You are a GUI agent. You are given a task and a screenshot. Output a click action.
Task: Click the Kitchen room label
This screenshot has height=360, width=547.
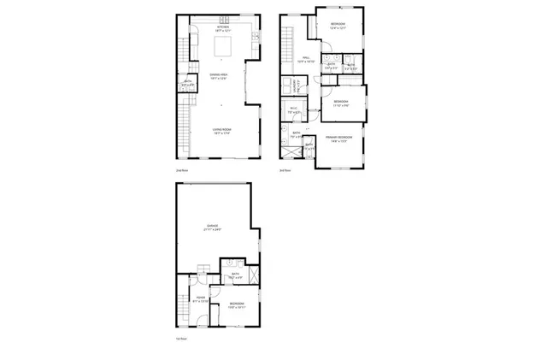pyautogui.click(x=222, y=28)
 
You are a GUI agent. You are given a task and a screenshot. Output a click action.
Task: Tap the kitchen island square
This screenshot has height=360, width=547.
pyautogui.click(x=222, y=50)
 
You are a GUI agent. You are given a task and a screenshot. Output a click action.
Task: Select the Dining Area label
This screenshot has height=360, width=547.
pyautogui.click(x=222, y=76)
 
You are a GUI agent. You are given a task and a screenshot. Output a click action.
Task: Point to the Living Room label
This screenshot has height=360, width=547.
pyautogui.click(x=222, y=130)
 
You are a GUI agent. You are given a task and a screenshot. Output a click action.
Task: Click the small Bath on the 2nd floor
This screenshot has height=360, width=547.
pyautogui.click(x=188, y=84)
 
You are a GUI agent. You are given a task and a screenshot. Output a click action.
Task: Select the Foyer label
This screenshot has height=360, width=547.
pyautogui.click(x=197, y=298)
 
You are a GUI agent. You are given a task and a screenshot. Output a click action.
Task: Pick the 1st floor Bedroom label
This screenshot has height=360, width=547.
pyautogui.click(x=238, y=304)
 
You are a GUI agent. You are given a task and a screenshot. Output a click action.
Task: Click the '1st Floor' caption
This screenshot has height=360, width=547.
pyautogui.click(x=181, y=339)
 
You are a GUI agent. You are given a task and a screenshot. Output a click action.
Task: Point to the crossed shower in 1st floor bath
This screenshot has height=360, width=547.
pyautogui.click(x=253, y=266)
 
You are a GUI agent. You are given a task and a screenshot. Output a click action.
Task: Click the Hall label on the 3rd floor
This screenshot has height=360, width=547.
pyautogui.click(x=305, y=60)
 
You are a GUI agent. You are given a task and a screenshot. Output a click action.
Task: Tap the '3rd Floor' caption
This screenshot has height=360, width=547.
pyautogui.click(x=285, y=170)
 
